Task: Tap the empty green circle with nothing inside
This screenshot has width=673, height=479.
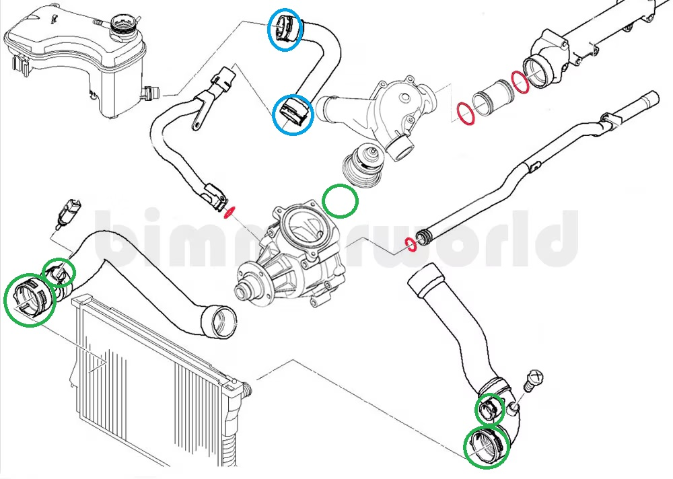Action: click(341, 200)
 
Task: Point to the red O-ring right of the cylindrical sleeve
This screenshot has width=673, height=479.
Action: click(520, 82)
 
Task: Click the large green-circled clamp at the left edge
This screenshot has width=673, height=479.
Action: click(29, 300)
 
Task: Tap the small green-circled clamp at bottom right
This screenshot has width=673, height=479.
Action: click(489, 408)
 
